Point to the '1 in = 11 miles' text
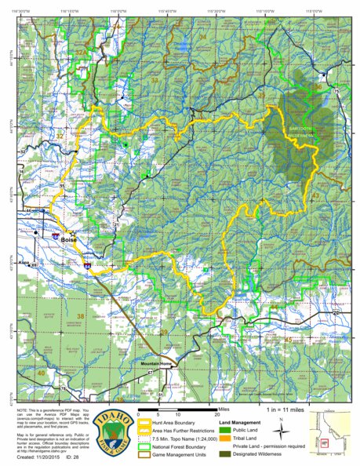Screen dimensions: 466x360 [285, 410]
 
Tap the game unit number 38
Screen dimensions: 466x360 [81, 315]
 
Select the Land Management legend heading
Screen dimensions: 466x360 [243, 413]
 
